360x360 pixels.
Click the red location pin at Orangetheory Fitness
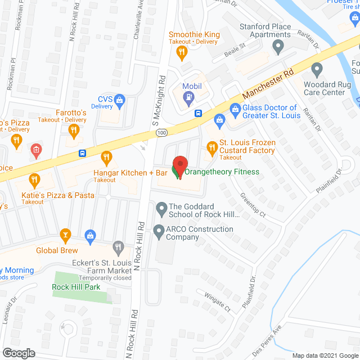click(179, 165)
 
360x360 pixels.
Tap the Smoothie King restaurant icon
click(181, 53)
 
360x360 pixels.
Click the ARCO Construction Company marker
click(159, 230)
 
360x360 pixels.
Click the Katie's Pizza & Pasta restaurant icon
click(34, 181)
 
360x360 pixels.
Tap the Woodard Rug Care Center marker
click(317, 70)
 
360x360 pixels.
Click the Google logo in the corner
click(18, 353)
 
